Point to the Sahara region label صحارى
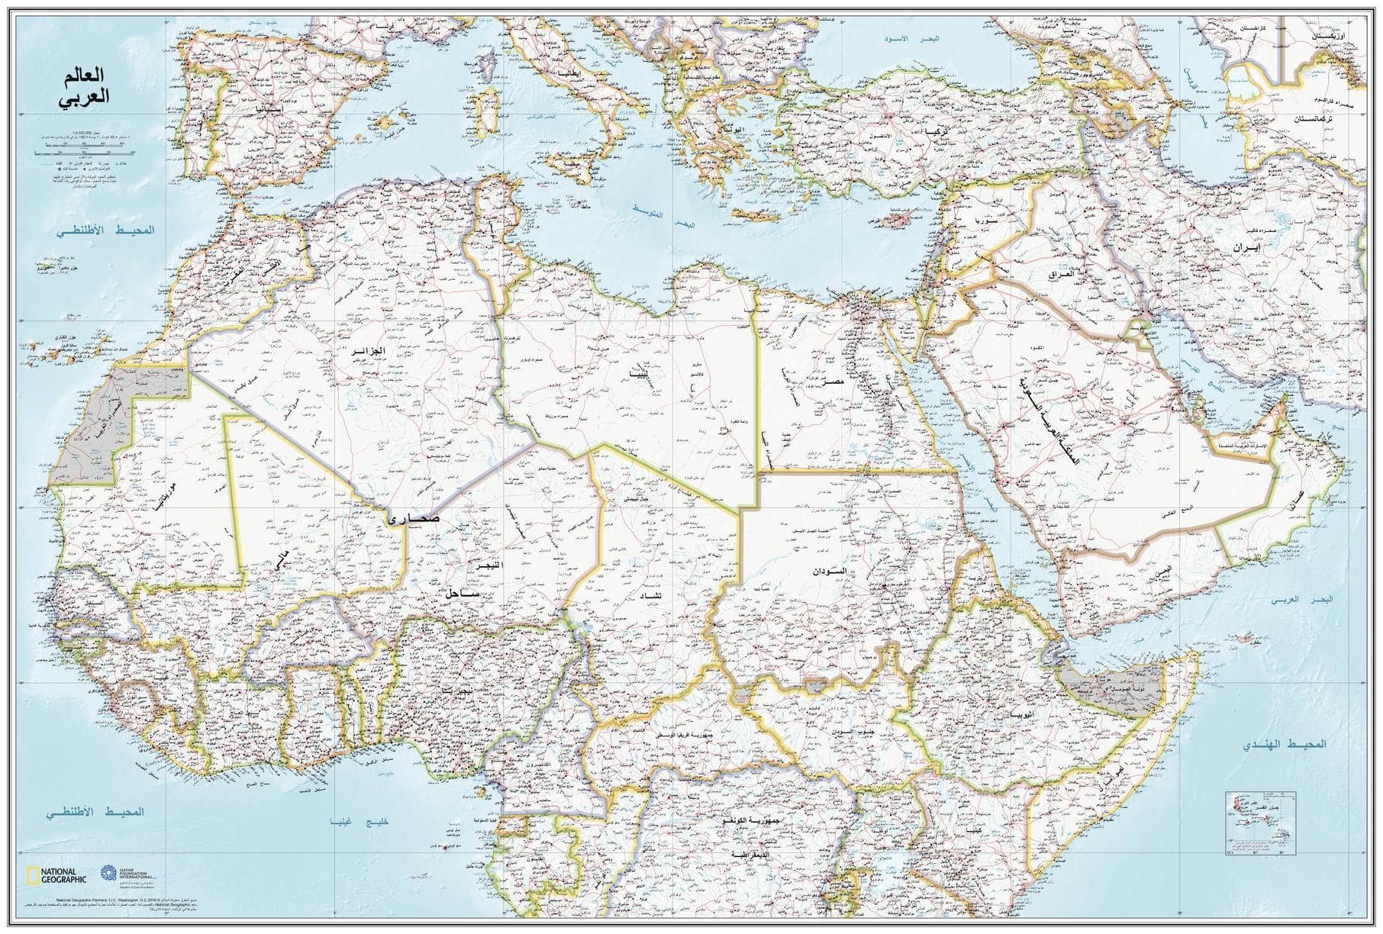[x=414, y=518]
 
